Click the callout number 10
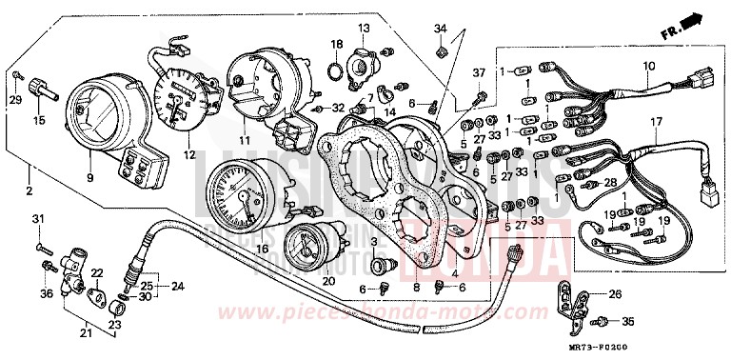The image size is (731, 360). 649,66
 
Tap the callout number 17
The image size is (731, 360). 655,122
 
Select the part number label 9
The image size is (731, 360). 90,177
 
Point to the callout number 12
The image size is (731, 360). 188,155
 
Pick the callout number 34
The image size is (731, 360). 441,26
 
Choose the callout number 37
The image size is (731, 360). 479,73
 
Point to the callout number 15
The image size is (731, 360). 39,121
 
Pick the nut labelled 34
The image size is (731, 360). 442,49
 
